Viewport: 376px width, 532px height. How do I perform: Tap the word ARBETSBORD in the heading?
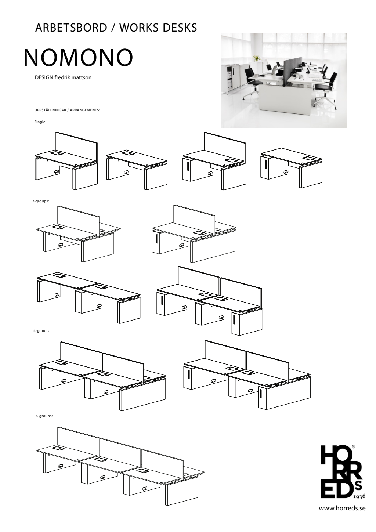[x=71, y=28]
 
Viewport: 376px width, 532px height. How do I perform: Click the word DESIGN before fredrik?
[x=44, y=78]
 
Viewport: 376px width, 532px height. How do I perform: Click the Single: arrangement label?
[x=40, y=122]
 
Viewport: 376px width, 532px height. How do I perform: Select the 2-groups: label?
[x=41, y=201]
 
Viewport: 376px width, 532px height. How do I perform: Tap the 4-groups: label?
[x=42, y=330]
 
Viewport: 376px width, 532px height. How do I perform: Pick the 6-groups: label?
[x=44, y=416]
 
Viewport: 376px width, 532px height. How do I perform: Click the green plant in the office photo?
[x=256, y=58]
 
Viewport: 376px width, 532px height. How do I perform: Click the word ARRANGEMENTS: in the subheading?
[x=85, y=110]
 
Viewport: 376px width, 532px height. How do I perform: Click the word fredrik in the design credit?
[x=61, y=78]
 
